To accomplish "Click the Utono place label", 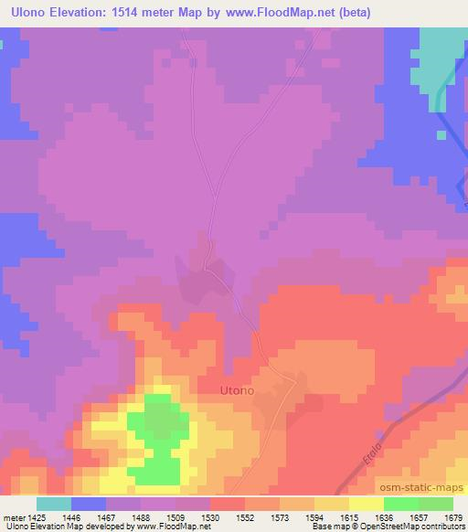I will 237,390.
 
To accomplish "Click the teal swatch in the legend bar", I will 53,504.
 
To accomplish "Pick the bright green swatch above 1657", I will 400,504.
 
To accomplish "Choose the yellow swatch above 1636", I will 366,504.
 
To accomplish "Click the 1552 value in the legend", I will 244,516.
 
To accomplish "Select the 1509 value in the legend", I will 175,516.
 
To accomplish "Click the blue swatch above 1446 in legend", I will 88,504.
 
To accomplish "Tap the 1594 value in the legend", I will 314,516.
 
